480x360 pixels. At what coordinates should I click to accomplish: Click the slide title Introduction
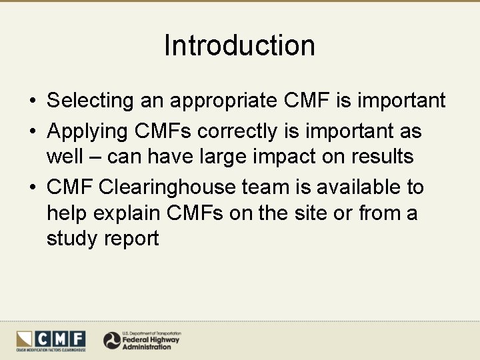pyautogui.click(x=239, y=45)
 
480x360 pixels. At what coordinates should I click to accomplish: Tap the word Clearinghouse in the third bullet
pyautogui.click(x=171, y=187)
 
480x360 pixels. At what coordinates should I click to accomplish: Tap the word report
pyautogui.click(x=131, y=239)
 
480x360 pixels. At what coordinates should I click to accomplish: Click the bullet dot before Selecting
pyautogui.click(x=32, y=101)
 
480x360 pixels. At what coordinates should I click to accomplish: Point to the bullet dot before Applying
pyautogui.click(x=32, y=132)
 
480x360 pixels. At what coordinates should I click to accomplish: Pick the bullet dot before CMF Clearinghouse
pyautogui.click(x=32, y=188)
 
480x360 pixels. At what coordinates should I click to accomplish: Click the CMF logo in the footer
pyautogui.click(x=51, y=340)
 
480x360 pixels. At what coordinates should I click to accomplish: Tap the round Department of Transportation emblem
pyautogui.click(x=112, y=341)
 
